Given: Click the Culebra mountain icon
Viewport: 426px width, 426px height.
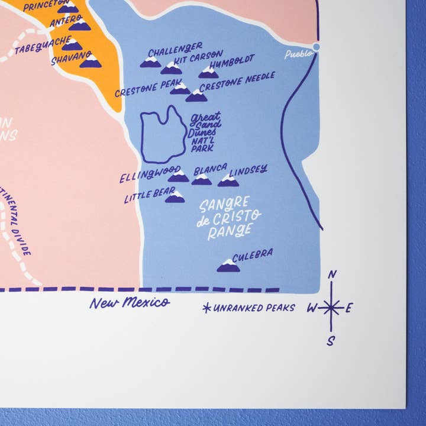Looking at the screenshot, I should (x=228, y=266).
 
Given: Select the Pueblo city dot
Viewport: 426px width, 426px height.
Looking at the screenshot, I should (x=317, y=46).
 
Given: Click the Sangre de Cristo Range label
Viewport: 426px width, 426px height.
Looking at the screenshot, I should (x=224, y=217).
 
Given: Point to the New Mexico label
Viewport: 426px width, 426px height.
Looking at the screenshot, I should (x=130, y=303).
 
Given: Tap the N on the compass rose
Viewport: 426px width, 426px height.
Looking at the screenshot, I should (x=332, y=274).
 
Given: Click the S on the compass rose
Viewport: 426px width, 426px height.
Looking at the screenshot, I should (x=331, y=340).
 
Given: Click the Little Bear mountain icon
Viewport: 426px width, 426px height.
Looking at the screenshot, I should (x=175, y=197).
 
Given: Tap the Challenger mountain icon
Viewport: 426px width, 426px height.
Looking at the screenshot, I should (x=150, y=62).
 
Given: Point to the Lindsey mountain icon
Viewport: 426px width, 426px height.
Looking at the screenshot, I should (x=228, y=180).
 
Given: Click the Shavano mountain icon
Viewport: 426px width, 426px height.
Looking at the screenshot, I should (x=91, y=61).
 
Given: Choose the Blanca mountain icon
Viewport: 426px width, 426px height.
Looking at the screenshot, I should (x=201, y=179).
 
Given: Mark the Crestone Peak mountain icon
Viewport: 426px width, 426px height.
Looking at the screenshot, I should (x=180, y=89).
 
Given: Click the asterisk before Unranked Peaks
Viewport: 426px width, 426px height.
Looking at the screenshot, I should (x=206, y=308).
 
